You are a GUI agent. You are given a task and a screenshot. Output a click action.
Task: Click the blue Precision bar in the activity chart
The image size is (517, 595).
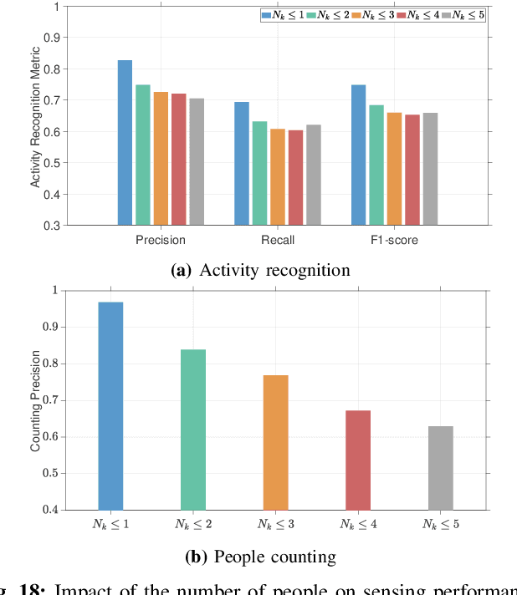(x=125, y=143)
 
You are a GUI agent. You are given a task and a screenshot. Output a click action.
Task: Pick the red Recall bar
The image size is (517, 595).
(x=295, y=177)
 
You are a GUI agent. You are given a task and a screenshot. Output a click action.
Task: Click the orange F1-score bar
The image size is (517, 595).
(x=394, y=169)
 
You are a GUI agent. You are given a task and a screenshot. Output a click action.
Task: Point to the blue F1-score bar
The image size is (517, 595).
(x=358, y=155)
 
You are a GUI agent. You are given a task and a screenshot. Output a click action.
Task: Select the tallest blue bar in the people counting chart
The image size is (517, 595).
(x=110, y=406)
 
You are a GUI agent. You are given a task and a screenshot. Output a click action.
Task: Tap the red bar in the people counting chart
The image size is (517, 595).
(x=358, y=460)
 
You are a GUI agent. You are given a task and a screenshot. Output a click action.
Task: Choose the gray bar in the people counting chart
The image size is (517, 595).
(x=441, y=468)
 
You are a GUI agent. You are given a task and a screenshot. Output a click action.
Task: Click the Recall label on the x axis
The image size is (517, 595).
(x=277, y=241)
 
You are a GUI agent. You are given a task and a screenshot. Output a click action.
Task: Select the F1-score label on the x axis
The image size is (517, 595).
(x=394, y=241)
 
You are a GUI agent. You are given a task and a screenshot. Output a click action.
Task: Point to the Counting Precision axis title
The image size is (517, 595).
(x=35, y=399)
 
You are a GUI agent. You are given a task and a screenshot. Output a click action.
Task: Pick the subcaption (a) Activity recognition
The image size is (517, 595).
(x=259, y=270)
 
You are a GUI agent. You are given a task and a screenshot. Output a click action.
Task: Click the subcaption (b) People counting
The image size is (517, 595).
(x=259, y=557)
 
